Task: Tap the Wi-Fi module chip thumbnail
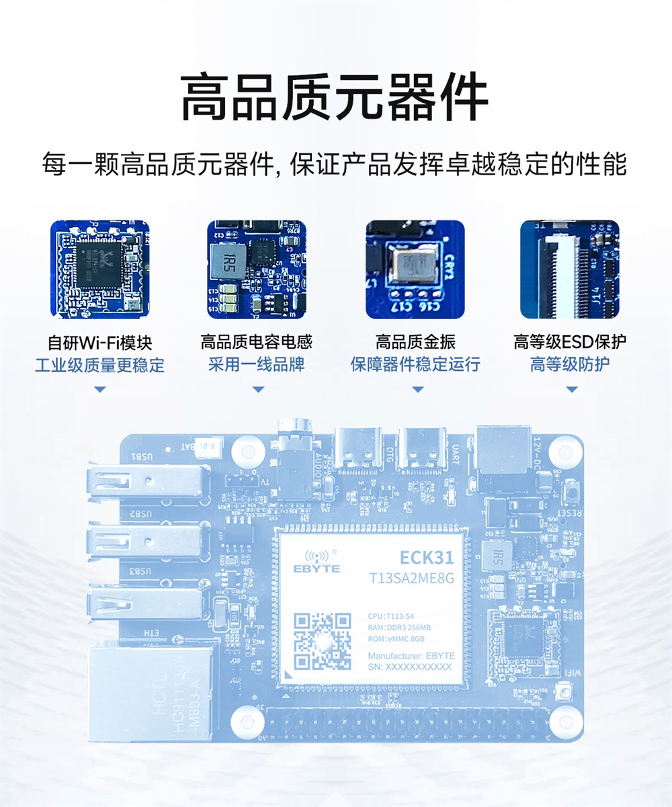tap(100, 269)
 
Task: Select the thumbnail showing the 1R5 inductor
tap(256, 269)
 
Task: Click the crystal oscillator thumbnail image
tap(415, 269)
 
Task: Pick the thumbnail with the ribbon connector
tap(570, 269)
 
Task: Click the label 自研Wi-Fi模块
tap(99, 343)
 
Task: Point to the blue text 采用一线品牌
tap(256, 365)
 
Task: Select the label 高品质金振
tap(415, 343)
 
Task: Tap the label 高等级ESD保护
tap(570, 343)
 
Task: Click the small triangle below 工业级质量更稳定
tap(100, 389)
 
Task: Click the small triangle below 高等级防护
tap(571, 389)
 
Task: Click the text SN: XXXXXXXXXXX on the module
tap(409, 667)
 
